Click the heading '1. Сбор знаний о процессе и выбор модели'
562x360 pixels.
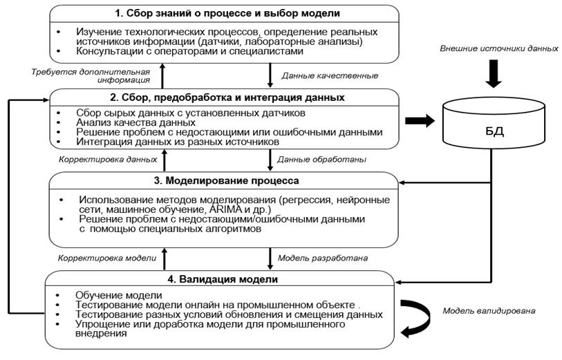(225, 13)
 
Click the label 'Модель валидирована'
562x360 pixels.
(487, 310)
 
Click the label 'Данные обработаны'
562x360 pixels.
(321, 159)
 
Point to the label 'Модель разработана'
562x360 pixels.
(323, 258)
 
